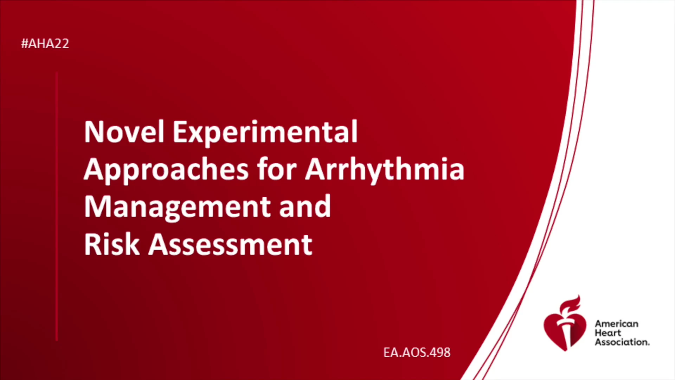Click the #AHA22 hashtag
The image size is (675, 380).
tap(45, 44)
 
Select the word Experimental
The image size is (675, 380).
tap(265, 133)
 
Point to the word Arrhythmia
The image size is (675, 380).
tap(385, 170)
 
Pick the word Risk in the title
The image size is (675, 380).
tap(112, 244)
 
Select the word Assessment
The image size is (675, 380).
tap(230, 245)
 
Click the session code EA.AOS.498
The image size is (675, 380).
tap(417, 353)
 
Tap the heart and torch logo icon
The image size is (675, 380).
tap(565, 323)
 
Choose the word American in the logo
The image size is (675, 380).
tap(616, 324)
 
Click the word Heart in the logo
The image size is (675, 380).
tap(608, 333)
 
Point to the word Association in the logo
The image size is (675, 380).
tap(622, 342)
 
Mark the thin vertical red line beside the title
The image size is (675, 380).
tap(57, 207)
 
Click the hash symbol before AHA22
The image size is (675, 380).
tap(25, 44)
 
